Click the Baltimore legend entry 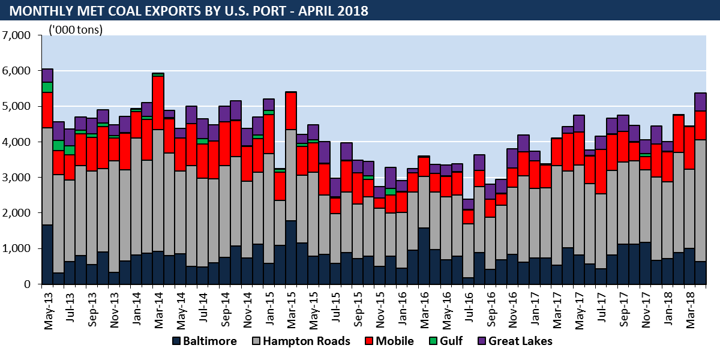click(204, 341)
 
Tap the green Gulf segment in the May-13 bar click(47, 87)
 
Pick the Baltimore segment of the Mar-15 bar click(291, 253)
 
